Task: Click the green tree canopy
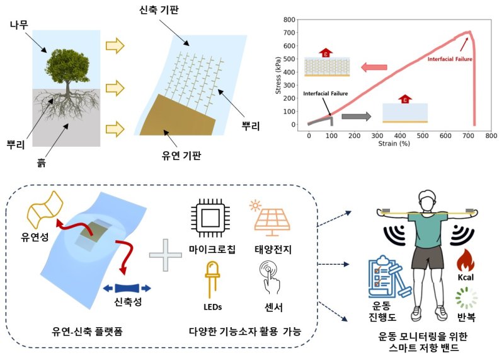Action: (67, 65)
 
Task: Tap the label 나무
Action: (19, 25)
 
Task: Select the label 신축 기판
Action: (159, 10)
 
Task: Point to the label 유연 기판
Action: (181, 155)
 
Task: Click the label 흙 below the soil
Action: (41, 163)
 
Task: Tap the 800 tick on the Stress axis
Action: (289, 20)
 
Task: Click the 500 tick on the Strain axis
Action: (422, 136)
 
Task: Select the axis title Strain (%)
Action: (394, 144)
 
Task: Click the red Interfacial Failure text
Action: (450, 59)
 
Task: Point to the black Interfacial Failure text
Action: (325, 93)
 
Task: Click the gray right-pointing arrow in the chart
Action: (356, 116)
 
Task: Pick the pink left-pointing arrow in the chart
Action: (374, 67)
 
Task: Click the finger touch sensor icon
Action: (270, 277)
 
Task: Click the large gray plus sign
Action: (166, 255)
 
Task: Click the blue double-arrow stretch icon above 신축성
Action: (127, 288)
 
